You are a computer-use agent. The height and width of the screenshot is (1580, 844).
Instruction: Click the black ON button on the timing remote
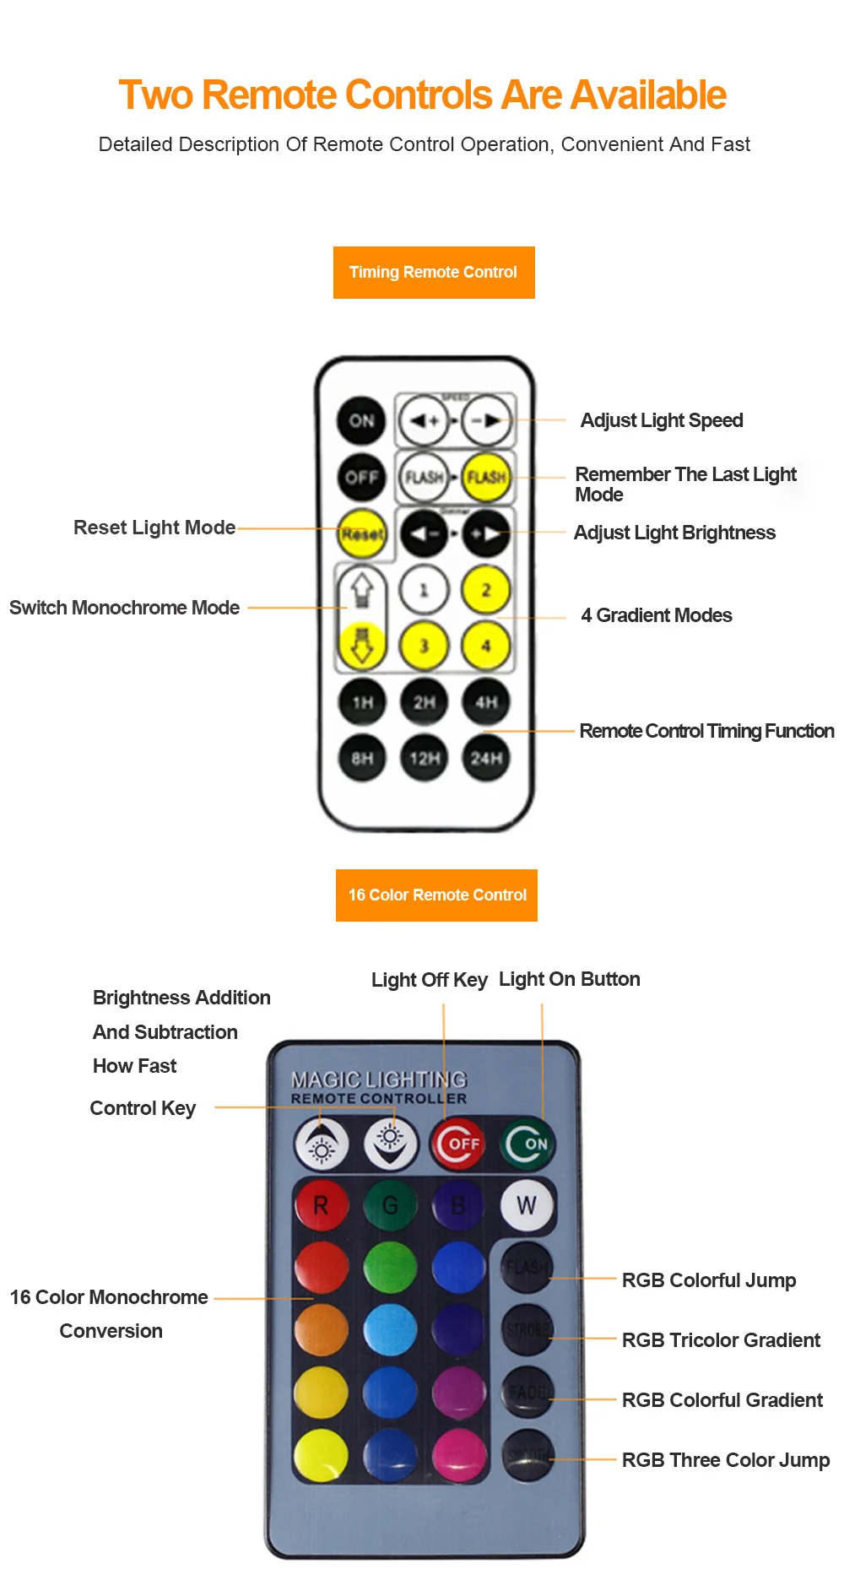[361, 420]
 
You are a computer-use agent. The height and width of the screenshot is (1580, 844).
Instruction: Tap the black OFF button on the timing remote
[361, 477]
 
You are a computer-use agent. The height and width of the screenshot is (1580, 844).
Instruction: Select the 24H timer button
[486, 758]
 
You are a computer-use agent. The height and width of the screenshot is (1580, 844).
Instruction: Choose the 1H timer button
[362, 702]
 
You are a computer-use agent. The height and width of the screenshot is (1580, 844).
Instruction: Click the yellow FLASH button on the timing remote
[487, 477]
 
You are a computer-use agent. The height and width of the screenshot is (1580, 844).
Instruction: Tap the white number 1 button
[424, 590]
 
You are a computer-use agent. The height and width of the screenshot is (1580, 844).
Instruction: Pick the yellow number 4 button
[486, 646]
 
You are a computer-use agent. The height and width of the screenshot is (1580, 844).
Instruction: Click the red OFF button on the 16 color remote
[458, 1144]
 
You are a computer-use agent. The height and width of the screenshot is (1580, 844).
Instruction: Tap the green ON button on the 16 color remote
[527, 1144]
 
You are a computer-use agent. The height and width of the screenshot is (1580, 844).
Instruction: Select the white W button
[527, 1205]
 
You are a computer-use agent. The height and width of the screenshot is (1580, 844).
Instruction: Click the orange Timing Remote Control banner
[434, 273]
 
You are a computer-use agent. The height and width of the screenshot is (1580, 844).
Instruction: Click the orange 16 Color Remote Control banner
[436, 896]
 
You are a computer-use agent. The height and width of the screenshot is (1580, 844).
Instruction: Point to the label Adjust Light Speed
[662, 420]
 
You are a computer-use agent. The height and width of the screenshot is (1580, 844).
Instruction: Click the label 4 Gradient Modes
[656, 615]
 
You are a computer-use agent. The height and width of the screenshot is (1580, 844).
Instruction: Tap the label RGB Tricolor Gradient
[721, 1340]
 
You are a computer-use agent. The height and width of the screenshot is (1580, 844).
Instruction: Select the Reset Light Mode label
[154, 528]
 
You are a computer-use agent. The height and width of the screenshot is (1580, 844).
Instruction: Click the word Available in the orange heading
[648, 95]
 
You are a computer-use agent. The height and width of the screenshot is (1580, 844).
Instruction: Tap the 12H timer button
[424, 758]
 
